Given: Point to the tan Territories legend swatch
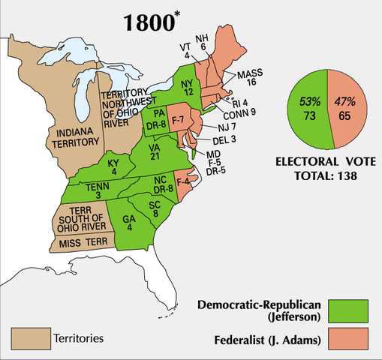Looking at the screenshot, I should click(26, 337).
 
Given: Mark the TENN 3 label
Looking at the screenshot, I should click(94, 192).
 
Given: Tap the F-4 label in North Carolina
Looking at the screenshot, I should click(182, 180).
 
